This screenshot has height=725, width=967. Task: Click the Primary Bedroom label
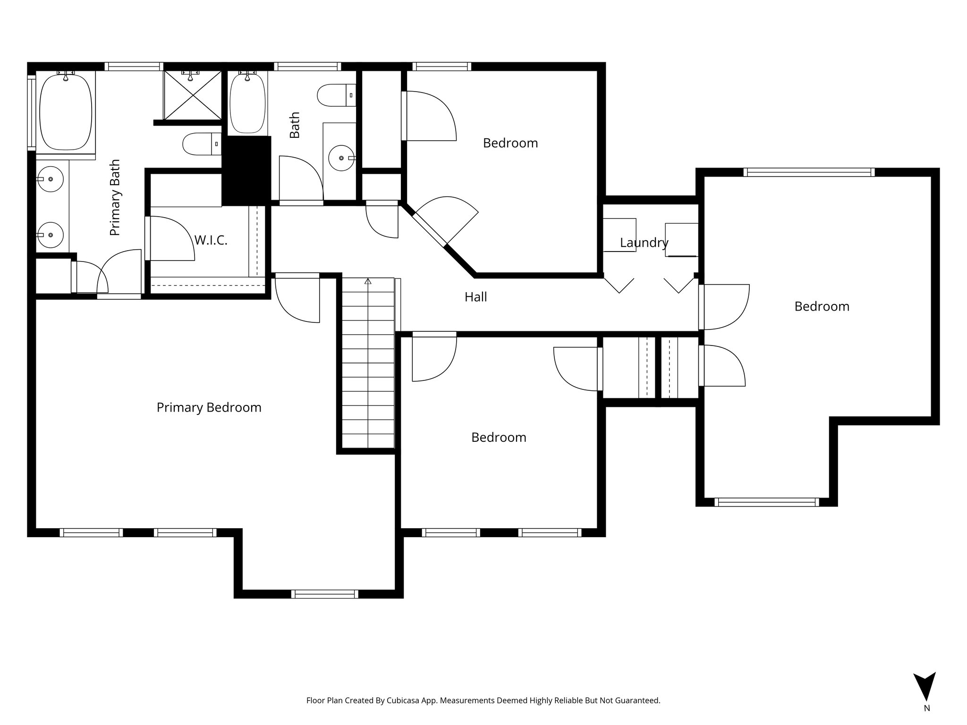coord(209,407)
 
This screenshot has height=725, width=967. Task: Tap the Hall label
coord(475,297)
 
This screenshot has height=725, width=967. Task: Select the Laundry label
coord(644,243)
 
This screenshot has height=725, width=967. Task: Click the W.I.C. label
coord(211,240)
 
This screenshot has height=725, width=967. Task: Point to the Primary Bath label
coord(115,197)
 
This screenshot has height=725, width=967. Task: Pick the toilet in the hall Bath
coord(336,95)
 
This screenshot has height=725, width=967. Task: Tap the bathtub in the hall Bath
coord(247,102)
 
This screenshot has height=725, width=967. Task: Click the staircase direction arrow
coord(368,282)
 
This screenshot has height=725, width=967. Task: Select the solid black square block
coord(246,170)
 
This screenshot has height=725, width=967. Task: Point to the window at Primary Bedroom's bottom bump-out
coord(324,594)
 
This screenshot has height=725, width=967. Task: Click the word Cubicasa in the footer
coord(405,700)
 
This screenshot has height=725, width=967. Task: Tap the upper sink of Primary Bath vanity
coord(50,179)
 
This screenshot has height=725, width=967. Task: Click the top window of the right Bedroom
coord(809,172)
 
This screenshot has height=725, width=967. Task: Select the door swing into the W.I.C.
coord(171,238)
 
